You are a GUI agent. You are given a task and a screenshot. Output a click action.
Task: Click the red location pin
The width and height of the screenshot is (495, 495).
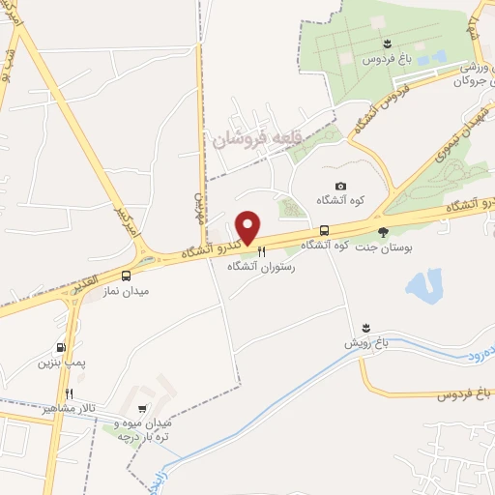pos(248,226)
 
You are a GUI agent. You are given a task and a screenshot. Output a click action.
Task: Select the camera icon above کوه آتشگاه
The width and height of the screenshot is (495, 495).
pos(339,187)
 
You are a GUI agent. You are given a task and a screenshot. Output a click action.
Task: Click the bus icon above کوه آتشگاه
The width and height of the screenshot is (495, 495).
pos(324,231)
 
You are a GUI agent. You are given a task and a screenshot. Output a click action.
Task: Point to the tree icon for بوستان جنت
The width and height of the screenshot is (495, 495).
pos(383,231)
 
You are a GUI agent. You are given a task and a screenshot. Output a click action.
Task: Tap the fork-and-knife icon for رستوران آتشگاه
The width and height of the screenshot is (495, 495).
pos(261,249)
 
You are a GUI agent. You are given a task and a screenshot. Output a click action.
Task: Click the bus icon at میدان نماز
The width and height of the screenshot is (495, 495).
pos(127,276)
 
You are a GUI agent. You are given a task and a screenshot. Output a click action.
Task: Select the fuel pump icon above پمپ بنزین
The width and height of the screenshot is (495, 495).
pos(61,348)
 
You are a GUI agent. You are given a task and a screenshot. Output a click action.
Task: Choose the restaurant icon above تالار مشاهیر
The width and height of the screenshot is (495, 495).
pos(69,393)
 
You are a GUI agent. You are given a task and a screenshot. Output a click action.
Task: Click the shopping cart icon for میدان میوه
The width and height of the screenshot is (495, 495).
pos(143,409)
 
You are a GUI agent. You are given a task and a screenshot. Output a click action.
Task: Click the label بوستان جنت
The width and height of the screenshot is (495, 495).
pos(383,247)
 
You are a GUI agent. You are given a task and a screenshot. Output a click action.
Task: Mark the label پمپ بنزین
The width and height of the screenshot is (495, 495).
pos(55,364)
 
